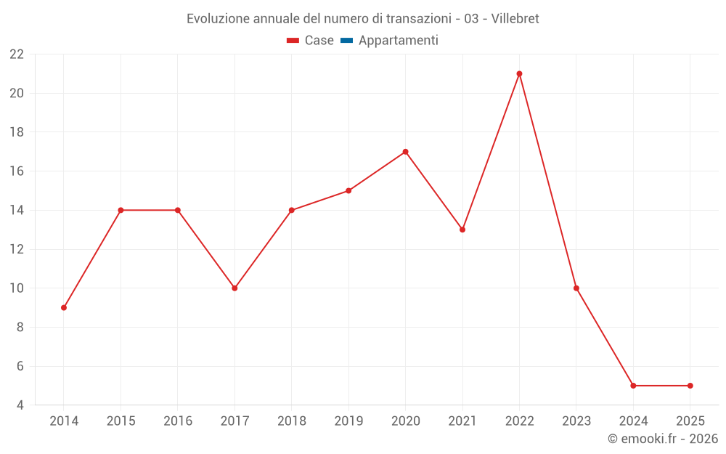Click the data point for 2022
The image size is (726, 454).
[519, 73]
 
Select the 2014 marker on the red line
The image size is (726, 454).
[64, 307]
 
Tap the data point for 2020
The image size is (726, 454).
[405, 152]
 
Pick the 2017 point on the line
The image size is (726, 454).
[234, 288]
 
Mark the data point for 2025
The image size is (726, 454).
[690, 386]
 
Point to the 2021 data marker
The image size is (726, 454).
[462, 230]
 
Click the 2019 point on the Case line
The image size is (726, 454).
[348, 190]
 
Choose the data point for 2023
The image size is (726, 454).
[576, 288]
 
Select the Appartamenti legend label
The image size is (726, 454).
[398, 41]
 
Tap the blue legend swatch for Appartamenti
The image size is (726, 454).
[346, 41]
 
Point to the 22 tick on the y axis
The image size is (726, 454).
[17, 54]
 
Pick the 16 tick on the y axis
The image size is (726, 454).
[17, 171]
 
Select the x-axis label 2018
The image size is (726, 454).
[291, 421]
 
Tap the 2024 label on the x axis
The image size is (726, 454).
[633, 421]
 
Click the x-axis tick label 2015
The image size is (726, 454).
[121, 421]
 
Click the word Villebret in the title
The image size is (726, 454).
[515, 19]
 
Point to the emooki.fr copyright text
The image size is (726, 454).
[663, 439]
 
